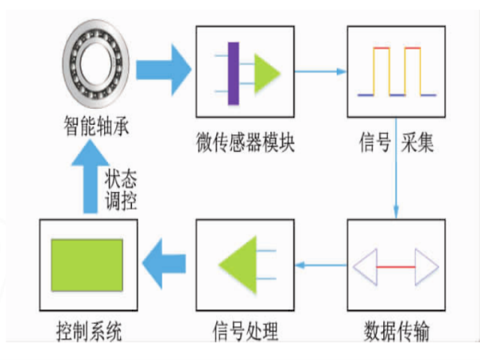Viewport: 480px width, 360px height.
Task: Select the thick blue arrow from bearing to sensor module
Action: [x=163, y=70]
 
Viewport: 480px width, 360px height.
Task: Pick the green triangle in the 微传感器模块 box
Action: [x=267, y=73]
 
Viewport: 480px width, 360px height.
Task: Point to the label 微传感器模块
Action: [x=246, y=145]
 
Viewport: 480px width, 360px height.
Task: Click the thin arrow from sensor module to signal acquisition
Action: [x=321, y=70]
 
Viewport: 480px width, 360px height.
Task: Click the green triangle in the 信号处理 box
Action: [x=239, y=264]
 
